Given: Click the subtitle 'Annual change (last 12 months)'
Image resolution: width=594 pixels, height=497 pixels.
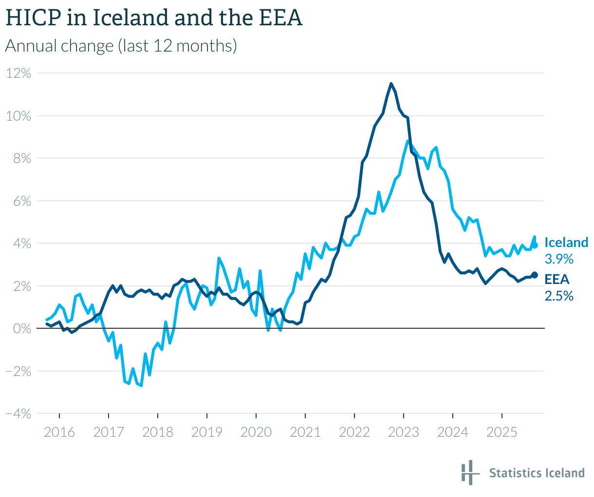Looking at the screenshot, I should point(121,46).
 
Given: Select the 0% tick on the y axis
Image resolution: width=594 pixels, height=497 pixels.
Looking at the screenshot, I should point(22,329).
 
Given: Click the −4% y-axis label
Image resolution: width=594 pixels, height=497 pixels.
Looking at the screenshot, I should point(19,414).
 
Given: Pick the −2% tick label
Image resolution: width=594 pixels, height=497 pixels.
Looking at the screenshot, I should point(19,372).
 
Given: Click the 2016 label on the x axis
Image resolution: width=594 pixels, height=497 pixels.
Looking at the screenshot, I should point(59,432).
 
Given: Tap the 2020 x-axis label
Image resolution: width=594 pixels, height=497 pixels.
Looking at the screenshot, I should point(256,432).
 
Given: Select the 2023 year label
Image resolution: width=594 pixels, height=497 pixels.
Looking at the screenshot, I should point(404,432).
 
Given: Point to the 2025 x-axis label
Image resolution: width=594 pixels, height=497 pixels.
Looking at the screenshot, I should point(502,432).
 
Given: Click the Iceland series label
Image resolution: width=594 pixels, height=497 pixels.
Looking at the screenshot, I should point(566,243).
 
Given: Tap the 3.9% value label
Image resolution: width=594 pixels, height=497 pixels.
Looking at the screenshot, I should point(559,259).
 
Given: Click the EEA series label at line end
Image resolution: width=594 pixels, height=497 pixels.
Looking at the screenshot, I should point(557,279).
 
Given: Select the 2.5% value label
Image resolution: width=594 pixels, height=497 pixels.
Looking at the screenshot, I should point(559,295).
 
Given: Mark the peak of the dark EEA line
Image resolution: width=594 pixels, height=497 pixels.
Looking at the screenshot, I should point(391,84).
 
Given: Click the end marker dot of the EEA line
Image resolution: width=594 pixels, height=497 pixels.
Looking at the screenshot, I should point(535,275).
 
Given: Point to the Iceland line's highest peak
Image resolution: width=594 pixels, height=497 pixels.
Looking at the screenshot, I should point(408,142).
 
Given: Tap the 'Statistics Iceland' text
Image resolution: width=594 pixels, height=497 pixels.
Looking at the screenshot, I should point(537,473).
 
